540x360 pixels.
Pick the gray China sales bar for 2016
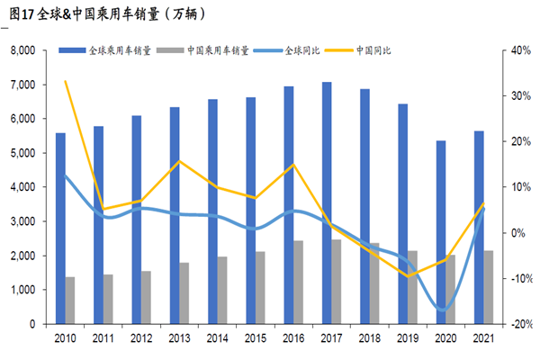[x=299, y=282]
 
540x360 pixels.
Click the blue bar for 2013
[x=174, y=215]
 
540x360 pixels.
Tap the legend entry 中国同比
[x=381, y=51]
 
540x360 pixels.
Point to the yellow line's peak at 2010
[x=65, y=81]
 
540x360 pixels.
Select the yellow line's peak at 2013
[x=180, y=161]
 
